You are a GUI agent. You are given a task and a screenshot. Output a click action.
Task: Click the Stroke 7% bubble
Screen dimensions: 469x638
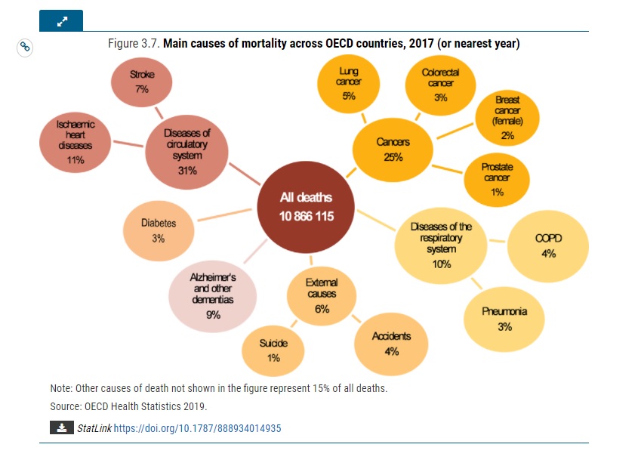(142, 82)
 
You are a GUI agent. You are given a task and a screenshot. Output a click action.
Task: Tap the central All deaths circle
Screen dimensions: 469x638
(306, 206)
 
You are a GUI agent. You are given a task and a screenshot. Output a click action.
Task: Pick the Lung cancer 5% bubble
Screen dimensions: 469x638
(348, 83)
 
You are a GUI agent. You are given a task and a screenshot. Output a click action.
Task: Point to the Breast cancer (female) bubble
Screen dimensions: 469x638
(507, 118)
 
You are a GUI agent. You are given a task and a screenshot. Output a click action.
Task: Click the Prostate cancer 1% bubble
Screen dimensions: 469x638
(497, 178)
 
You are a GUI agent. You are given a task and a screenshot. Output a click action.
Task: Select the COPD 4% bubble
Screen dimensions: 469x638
(548, 246)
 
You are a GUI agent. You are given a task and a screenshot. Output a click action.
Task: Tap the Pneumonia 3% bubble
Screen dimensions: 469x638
(504, 318)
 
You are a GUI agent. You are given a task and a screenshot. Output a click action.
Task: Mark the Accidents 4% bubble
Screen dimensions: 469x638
(391, 344)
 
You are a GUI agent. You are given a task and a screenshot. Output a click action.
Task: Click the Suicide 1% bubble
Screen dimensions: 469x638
(273, 350)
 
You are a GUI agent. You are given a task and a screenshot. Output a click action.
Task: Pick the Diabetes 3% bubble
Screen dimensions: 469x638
(159, 230)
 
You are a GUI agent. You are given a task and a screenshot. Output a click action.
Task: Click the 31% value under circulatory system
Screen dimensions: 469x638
(186, 171)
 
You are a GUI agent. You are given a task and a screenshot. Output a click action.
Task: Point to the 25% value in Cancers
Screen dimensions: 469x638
(393, 157)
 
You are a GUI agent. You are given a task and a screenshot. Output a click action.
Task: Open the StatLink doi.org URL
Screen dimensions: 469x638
(197, 428)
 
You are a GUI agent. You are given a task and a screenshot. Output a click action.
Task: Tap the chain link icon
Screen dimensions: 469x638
(25, 47)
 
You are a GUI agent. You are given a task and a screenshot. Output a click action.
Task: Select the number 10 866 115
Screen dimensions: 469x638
(306, 216)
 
